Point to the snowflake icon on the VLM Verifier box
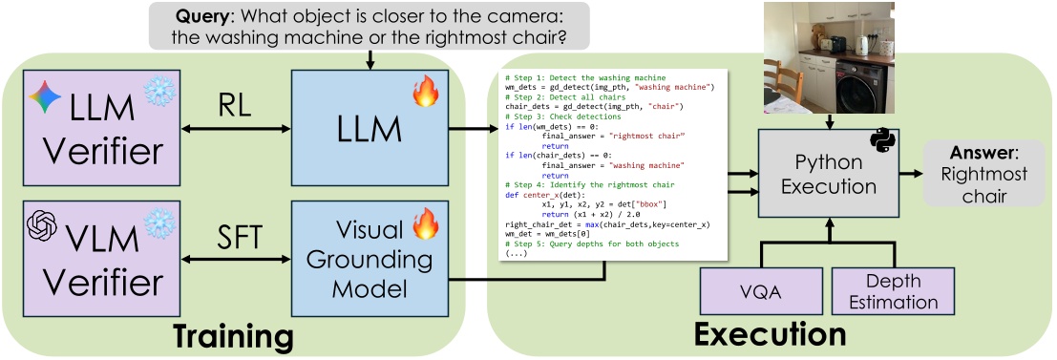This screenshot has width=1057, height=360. point(159,222)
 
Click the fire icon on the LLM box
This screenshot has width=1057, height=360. point(424,93)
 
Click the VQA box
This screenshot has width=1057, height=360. point(761,291)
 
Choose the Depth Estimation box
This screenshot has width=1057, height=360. point(892,291)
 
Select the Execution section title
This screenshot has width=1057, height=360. point(770,335)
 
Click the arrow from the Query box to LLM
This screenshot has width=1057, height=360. point(370,59)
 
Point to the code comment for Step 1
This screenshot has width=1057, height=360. point(585,76)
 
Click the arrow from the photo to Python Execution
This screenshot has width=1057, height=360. point(831,121)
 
